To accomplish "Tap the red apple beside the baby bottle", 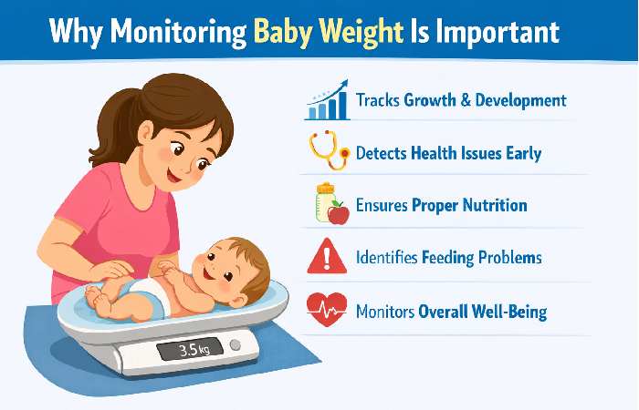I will [x=339, y=213].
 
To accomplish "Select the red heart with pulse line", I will [x=328, y=311].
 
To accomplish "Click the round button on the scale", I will [x=236, y=345].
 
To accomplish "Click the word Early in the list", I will [x=519, y=153].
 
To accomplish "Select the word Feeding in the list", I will [x=445, y=258].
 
